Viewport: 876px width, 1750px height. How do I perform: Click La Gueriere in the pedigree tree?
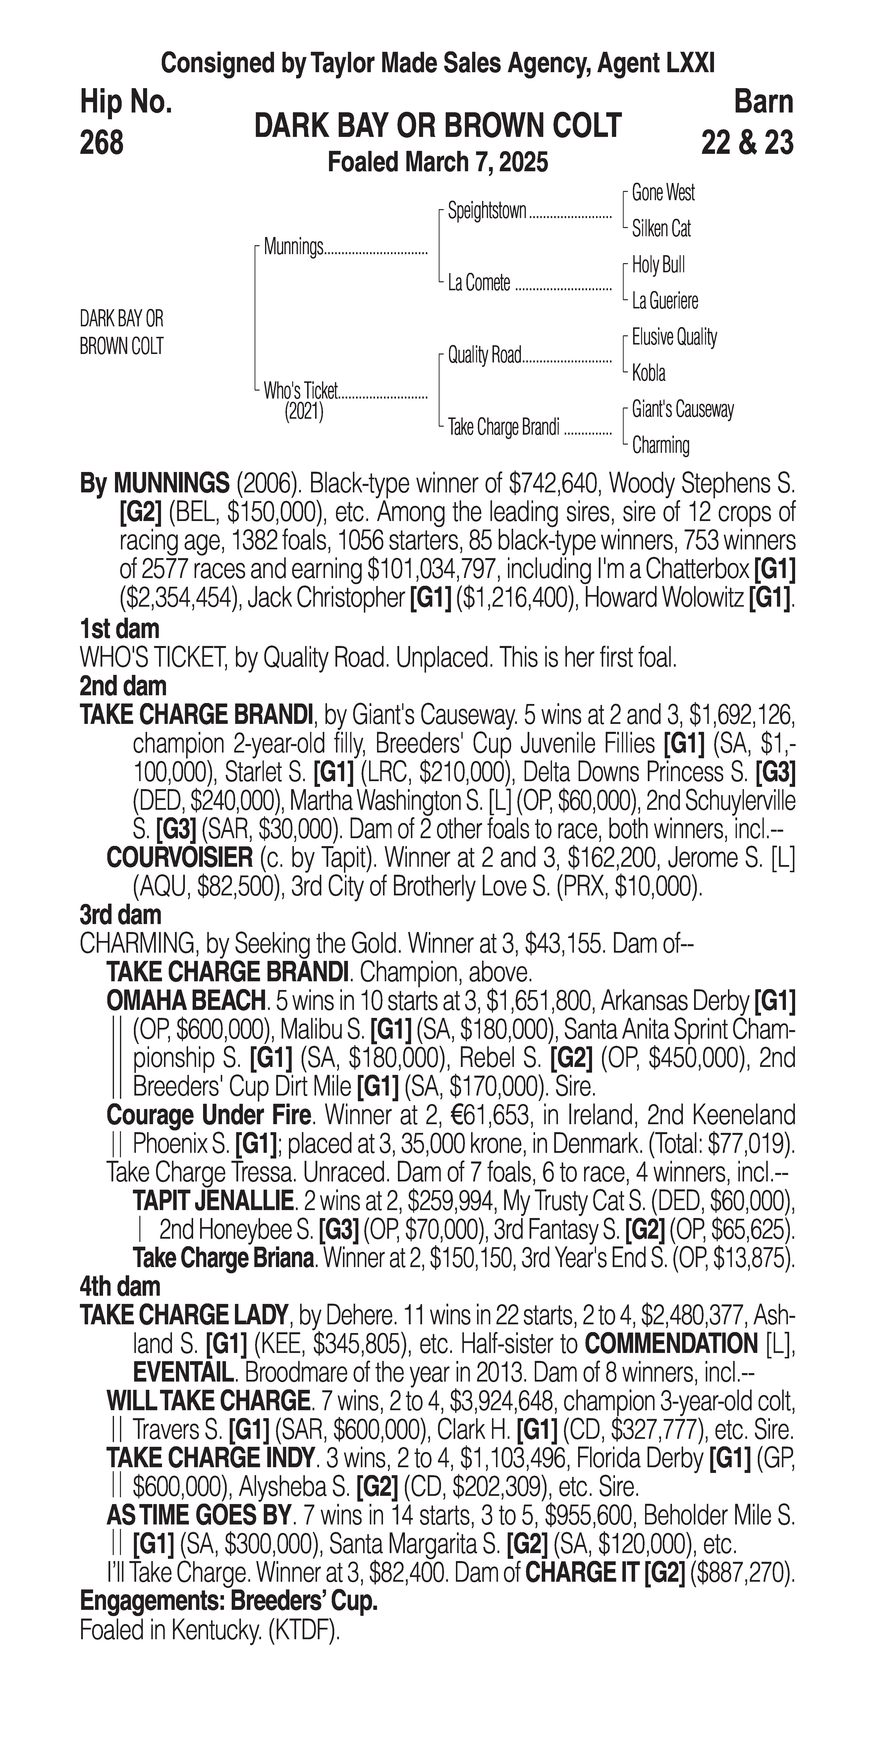pos(665,300)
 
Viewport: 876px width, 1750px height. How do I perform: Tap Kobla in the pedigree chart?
pos(649,373)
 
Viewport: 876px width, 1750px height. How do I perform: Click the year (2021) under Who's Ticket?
pos(304,412)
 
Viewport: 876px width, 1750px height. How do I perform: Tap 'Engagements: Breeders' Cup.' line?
pos(229,1601)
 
